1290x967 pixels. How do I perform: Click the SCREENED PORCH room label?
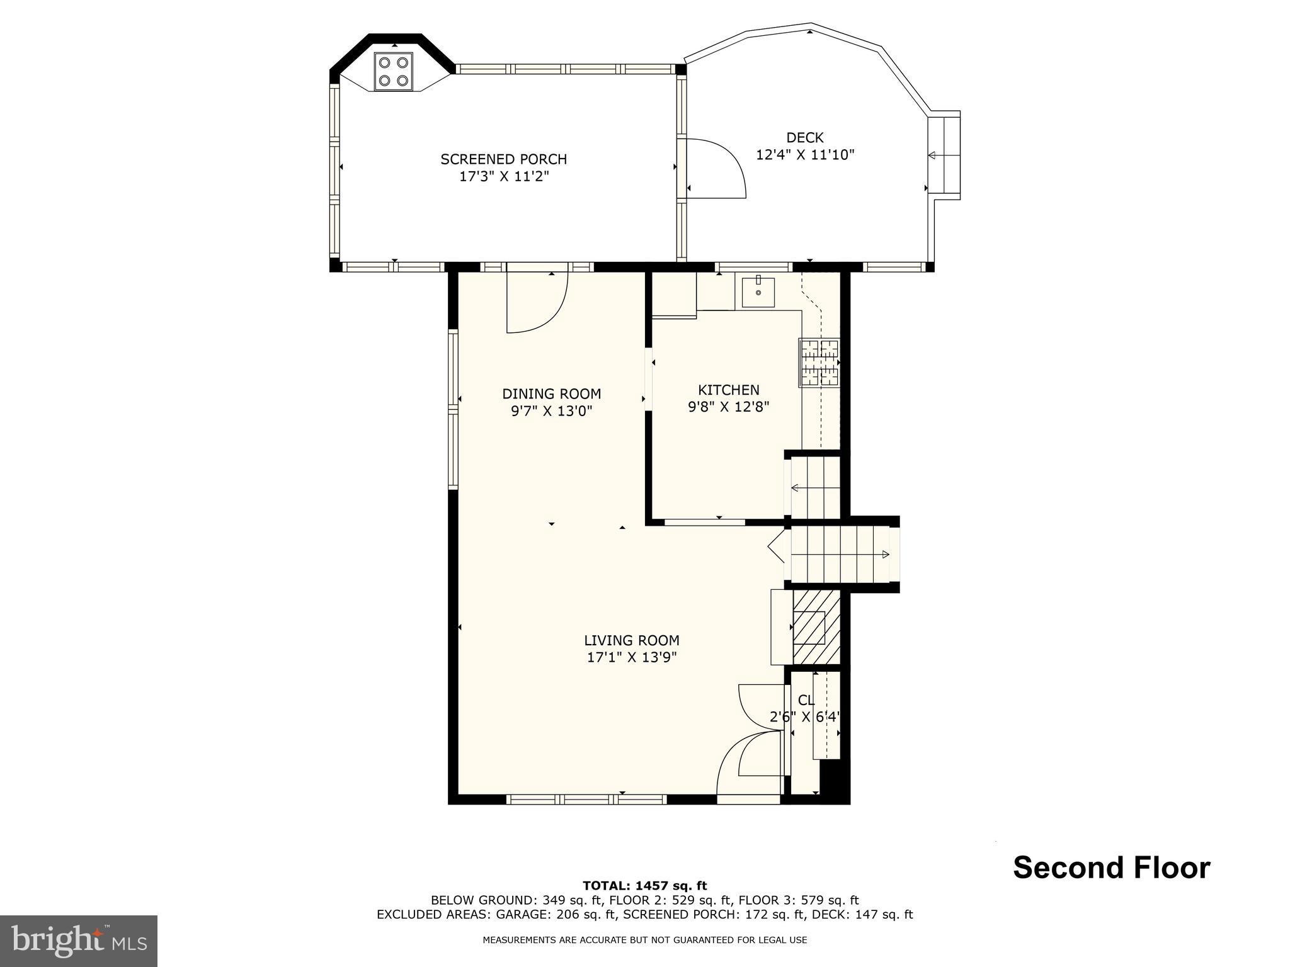point(503,159)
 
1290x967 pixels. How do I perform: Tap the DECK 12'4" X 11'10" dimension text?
point(805,155)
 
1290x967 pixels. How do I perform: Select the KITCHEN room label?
point(728,390)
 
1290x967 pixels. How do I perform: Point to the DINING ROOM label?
point(551,394)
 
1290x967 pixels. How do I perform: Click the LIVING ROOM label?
point(631,641)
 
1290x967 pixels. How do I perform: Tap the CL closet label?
point(806,700)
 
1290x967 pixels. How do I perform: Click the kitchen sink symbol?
point(758,291)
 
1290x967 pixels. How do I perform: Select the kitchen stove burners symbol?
point(819,363)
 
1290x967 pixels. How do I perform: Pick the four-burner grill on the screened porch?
point(394,71)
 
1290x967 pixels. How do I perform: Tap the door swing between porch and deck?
point(715,168)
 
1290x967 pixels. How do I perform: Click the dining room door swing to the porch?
point(537,302)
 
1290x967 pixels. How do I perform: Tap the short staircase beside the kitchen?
point(815,487)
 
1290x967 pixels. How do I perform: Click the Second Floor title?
point(1111,868)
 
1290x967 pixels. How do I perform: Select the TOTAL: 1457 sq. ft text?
point(644,886)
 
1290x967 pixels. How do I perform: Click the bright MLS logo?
point(79,941)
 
